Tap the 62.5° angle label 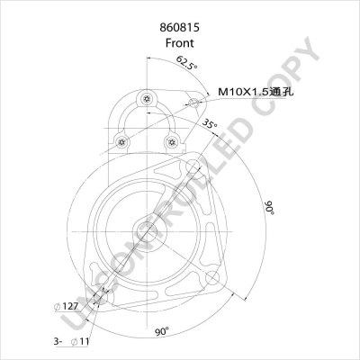point(185,63)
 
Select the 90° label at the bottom point(161,332)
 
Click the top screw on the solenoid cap point(146,97)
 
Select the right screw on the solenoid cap point(170,139)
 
